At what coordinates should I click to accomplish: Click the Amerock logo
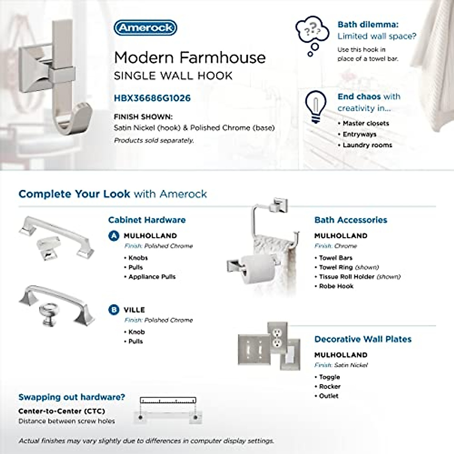(x=145, y=28)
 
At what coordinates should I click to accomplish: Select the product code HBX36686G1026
(x=152, y=98)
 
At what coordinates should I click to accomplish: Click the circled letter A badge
(x=113, y=236)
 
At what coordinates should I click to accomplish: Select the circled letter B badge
(x=113, y=310)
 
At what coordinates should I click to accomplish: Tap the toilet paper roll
(x=257, y=269)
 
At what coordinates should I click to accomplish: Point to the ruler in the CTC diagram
(x=168, y=400)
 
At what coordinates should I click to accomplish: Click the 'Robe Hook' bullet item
(x=336, y=286)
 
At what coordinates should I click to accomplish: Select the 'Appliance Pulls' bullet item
(x=152, y=277)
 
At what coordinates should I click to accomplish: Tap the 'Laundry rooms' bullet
(x=367, y=145)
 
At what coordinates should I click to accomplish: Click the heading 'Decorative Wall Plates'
(x=362, y=339)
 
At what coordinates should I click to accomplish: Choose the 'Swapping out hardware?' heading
(x=72, y=397)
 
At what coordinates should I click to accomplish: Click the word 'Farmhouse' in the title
(x=222, y=58)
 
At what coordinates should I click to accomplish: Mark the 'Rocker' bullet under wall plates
(x=330, y=386)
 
